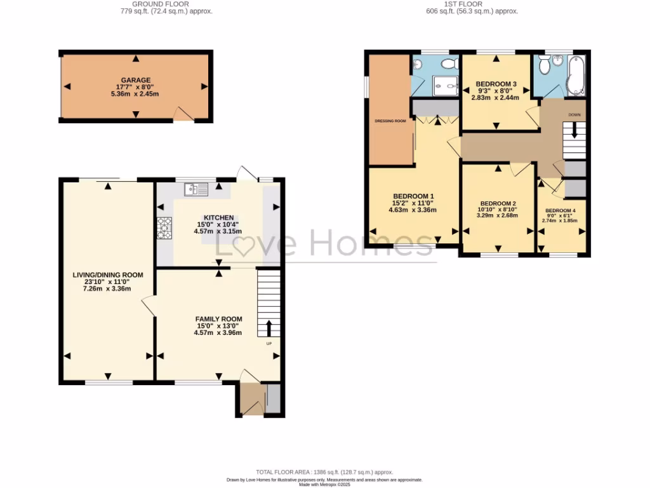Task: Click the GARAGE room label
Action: coord(135,80)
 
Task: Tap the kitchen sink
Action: coord(196,189)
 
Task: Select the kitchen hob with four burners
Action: coord(164,227)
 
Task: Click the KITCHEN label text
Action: coord(218,217)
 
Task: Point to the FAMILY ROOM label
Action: coord(218,319)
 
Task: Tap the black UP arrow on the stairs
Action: coord(268,328)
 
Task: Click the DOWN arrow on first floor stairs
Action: coord(574,132)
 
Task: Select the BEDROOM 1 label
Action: coord(414,196)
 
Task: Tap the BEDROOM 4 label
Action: coord(560,211)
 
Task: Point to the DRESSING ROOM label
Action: coord(390,121)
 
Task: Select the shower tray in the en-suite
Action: coord(446,85)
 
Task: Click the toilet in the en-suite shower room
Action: coord(449,63)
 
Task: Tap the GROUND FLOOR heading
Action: coord(166,4)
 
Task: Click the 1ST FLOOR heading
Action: coord(471,4)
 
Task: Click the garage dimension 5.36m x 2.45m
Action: coord(135,94)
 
